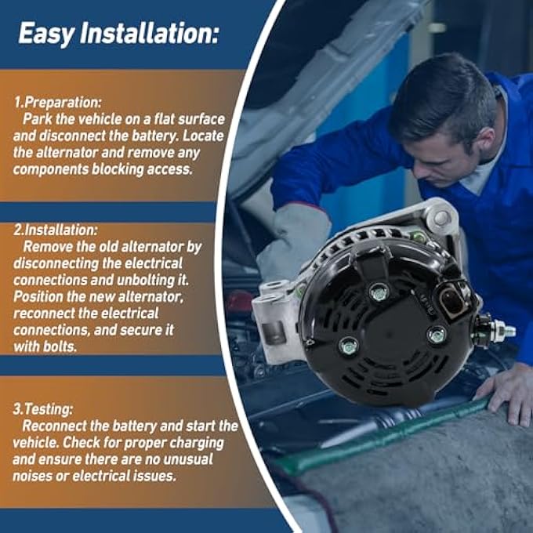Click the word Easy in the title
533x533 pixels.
(x=46, y=34)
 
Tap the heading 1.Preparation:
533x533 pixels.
(x=57, y=103)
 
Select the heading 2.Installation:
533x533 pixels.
(x=56, y=230)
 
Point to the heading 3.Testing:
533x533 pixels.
(x=43, y=409)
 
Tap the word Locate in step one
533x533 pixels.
(x=203, y=136)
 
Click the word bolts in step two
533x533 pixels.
(x=60, y=346)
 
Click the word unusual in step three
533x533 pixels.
(x=188, y=459)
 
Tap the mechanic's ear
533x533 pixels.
(x=490, y=140)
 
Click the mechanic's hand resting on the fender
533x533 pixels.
(x=506, y=394)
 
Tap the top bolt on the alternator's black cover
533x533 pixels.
(x=379, y=292)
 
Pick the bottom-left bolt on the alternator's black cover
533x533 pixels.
(x=349, y=346)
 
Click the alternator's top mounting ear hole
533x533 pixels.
(x=441, y=218)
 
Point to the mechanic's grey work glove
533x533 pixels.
(x=295, y=238)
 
